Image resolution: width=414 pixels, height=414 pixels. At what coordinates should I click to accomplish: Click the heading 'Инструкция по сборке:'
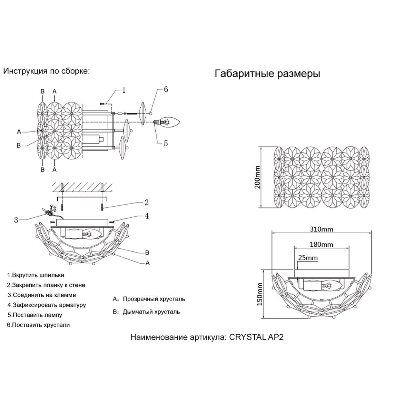(x=46, y=71)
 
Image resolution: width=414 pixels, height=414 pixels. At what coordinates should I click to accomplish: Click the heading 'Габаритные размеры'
(x=267, y=74)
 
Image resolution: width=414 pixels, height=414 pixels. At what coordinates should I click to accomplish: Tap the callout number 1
(x=124, y=90)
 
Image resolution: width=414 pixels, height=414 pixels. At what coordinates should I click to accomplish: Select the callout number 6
(x=166, y=90)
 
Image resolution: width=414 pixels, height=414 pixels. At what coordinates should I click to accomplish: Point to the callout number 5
(x=166, y=143)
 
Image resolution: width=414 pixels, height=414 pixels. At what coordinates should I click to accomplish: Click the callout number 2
(x=146, y=202)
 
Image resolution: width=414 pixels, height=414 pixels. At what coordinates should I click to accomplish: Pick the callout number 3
(x=16, y=220)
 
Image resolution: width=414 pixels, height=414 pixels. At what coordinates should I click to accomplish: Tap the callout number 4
(x=147, y=216)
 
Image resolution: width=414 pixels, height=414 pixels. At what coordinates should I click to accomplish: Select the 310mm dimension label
(x=322, y=229)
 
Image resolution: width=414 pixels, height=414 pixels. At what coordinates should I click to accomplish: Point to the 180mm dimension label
(x=322, y=245)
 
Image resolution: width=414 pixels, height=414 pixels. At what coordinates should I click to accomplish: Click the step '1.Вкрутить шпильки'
(x=36, y=275)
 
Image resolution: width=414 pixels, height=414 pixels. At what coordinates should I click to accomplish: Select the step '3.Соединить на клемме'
(x=42, y=295)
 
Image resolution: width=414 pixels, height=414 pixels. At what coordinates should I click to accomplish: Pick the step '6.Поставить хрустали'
(x=38, y=325)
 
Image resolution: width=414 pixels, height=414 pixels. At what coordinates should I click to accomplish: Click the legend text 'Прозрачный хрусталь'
(x=154, y=299)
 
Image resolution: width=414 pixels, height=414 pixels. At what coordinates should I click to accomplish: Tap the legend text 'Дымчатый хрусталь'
(x=151, y=312)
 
